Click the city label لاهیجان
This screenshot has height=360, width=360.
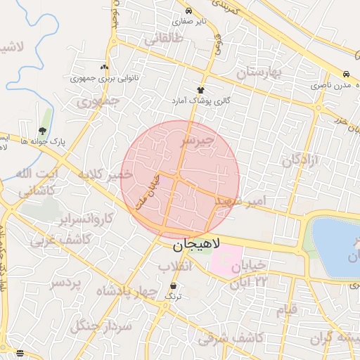196,246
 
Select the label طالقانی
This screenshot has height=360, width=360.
164,39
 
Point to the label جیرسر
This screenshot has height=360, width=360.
198,141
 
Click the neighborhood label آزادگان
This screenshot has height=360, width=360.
300,160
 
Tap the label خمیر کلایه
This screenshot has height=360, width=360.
105,174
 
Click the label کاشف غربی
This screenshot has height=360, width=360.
53,240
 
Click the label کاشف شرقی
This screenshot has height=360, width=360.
230,338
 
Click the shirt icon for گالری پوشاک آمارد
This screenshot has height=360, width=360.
201,90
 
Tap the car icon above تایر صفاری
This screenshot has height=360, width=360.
188,11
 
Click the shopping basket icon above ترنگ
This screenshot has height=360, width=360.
173,285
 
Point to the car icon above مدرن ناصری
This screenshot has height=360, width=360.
346,74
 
